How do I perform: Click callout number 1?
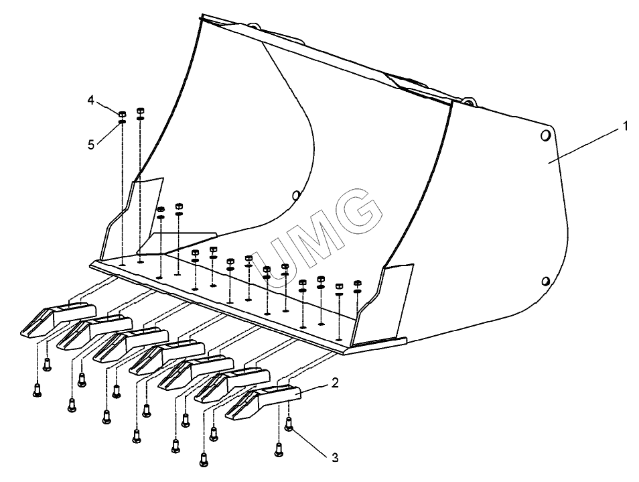tap(626, 125)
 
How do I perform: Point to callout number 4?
tap(90, 100)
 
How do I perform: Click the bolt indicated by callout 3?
tap(289, 424)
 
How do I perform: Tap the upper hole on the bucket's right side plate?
tap(545, 136)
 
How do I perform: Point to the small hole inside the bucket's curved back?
tap(295, 195)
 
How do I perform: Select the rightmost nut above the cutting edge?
tap(357, 283)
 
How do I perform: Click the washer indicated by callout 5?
tap(123, 121)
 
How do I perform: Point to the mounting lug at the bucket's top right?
tap(467, 102)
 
